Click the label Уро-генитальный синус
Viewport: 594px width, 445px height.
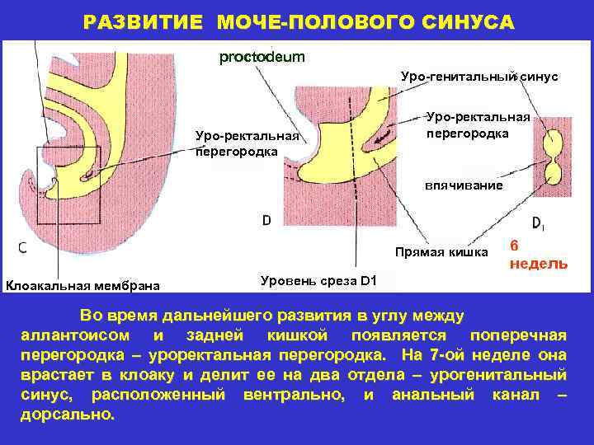click(479, 77)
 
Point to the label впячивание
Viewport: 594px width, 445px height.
click(463, 185)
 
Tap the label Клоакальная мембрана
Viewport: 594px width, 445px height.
click(83, 285)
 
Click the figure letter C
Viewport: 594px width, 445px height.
click(21, 248)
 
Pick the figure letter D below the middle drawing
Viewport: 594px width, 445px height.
click(266, 221)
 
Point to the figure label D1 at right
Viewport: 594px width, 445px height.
click(537, 222)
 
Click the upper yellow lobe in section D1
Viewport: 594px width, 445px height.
click(549, 149)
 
